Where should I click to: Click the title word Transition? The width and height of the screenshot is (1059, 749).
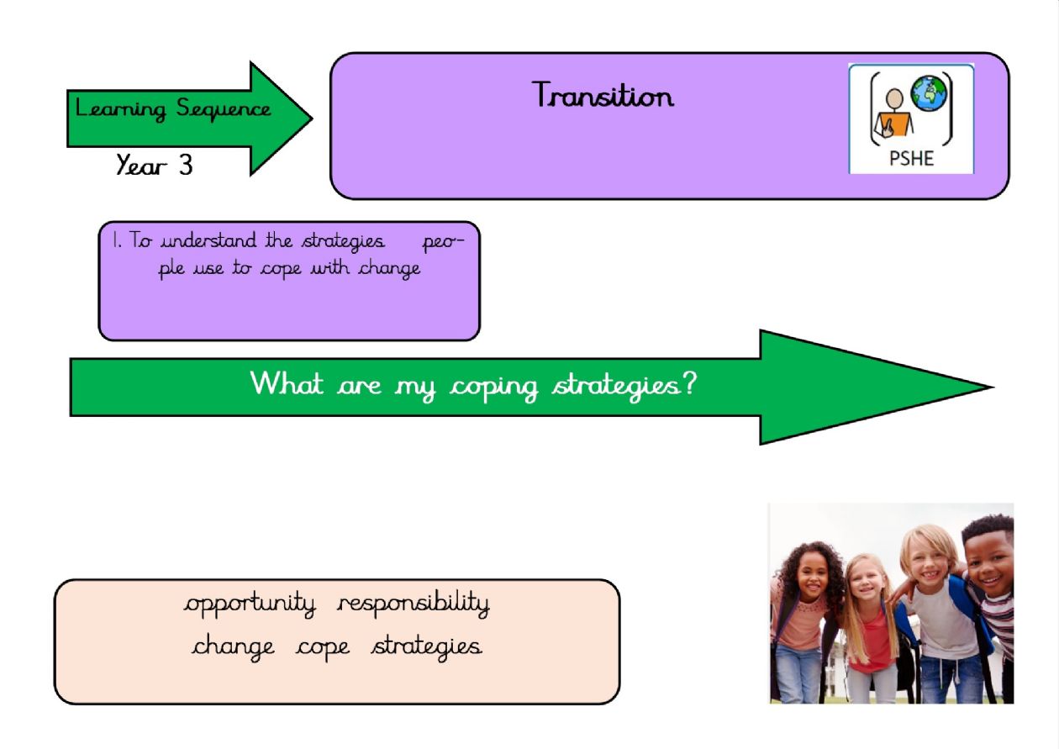click(603, 95)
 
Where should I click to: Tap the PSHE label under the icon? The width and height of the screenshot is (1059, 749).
click(911, 158)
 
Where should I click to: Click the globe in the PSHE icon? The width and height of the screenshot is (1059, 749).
click(929, 94)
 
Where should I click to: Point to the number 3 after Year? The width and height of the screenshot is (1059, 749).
click(185, 165)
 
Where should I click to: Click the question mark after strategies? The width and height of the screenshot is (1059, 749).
click(690, 384)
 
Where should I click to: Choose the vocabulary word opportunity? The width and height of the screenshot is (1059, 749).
click(250, 604)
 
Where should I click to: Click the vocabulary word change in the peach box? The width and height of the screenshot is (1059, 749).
click(233, 646)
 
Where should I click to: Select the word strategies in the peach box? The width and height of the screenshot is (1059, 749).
click(427, 646)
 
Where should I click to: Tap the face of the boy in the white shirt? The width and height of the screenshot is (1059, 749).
click(929, 559)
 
